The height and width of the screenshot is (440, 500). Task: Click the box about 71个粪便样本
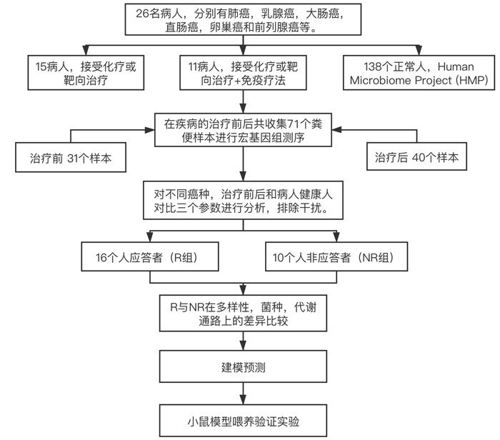(x=242, y=131)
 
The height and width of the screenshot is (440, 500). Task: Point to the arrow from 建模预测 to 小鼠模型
(x=242, y=394)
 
